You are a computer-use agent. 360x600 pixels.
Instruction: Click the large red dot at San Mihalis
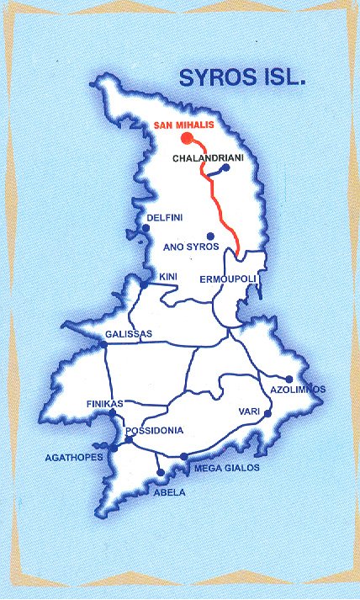187,140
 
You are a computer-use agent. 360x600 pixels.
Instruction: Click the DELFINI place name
165,218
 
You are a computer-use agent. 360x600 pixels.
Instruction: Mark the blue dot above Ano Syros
210,236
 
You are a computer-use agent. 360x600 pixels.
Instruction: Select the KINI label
168,276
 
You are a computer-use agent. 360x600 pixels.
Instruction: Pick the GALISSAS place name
129,334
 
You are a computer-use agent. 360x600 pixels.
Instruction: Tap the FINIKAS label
105,404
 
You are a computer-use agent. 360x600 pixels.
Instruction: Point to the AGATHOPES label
75,458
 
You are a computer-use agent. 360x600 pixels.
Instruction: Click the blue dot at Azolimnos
289,379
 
